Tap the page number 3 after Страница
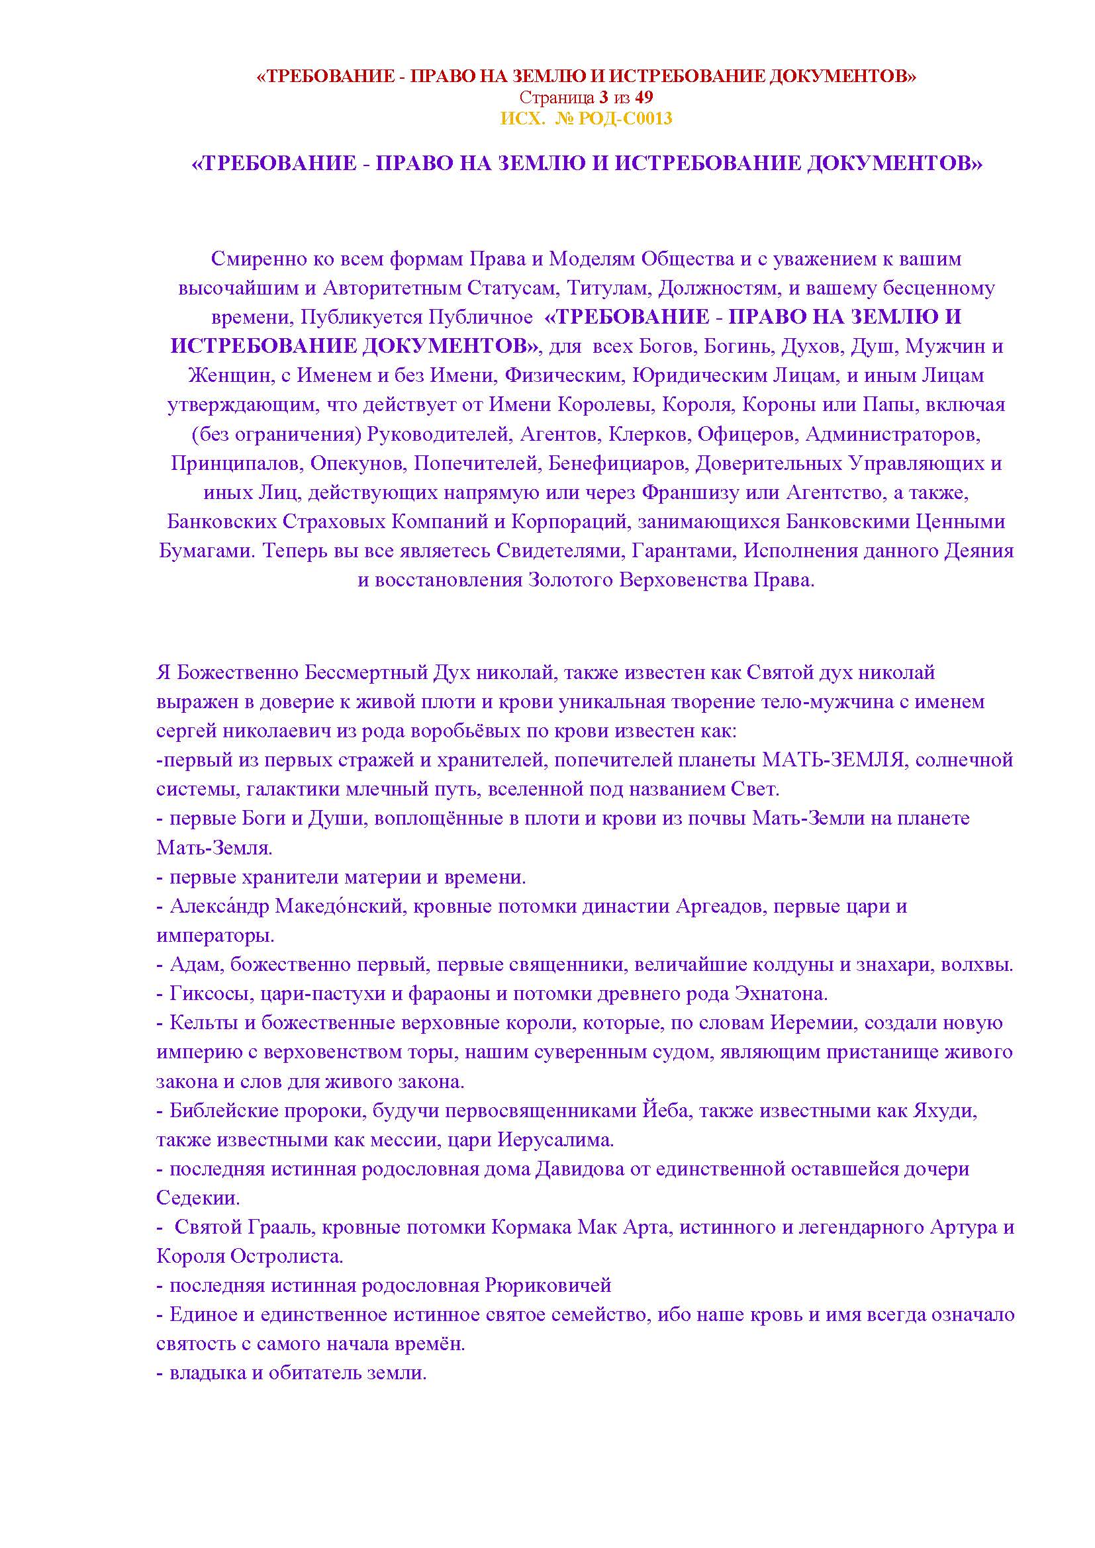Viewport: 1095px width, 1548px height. coord(603,98)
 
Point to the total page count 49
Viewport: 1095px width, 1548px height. coord(644,98)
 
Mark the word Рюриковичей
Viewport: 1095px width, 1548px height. coord(548,1286)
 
